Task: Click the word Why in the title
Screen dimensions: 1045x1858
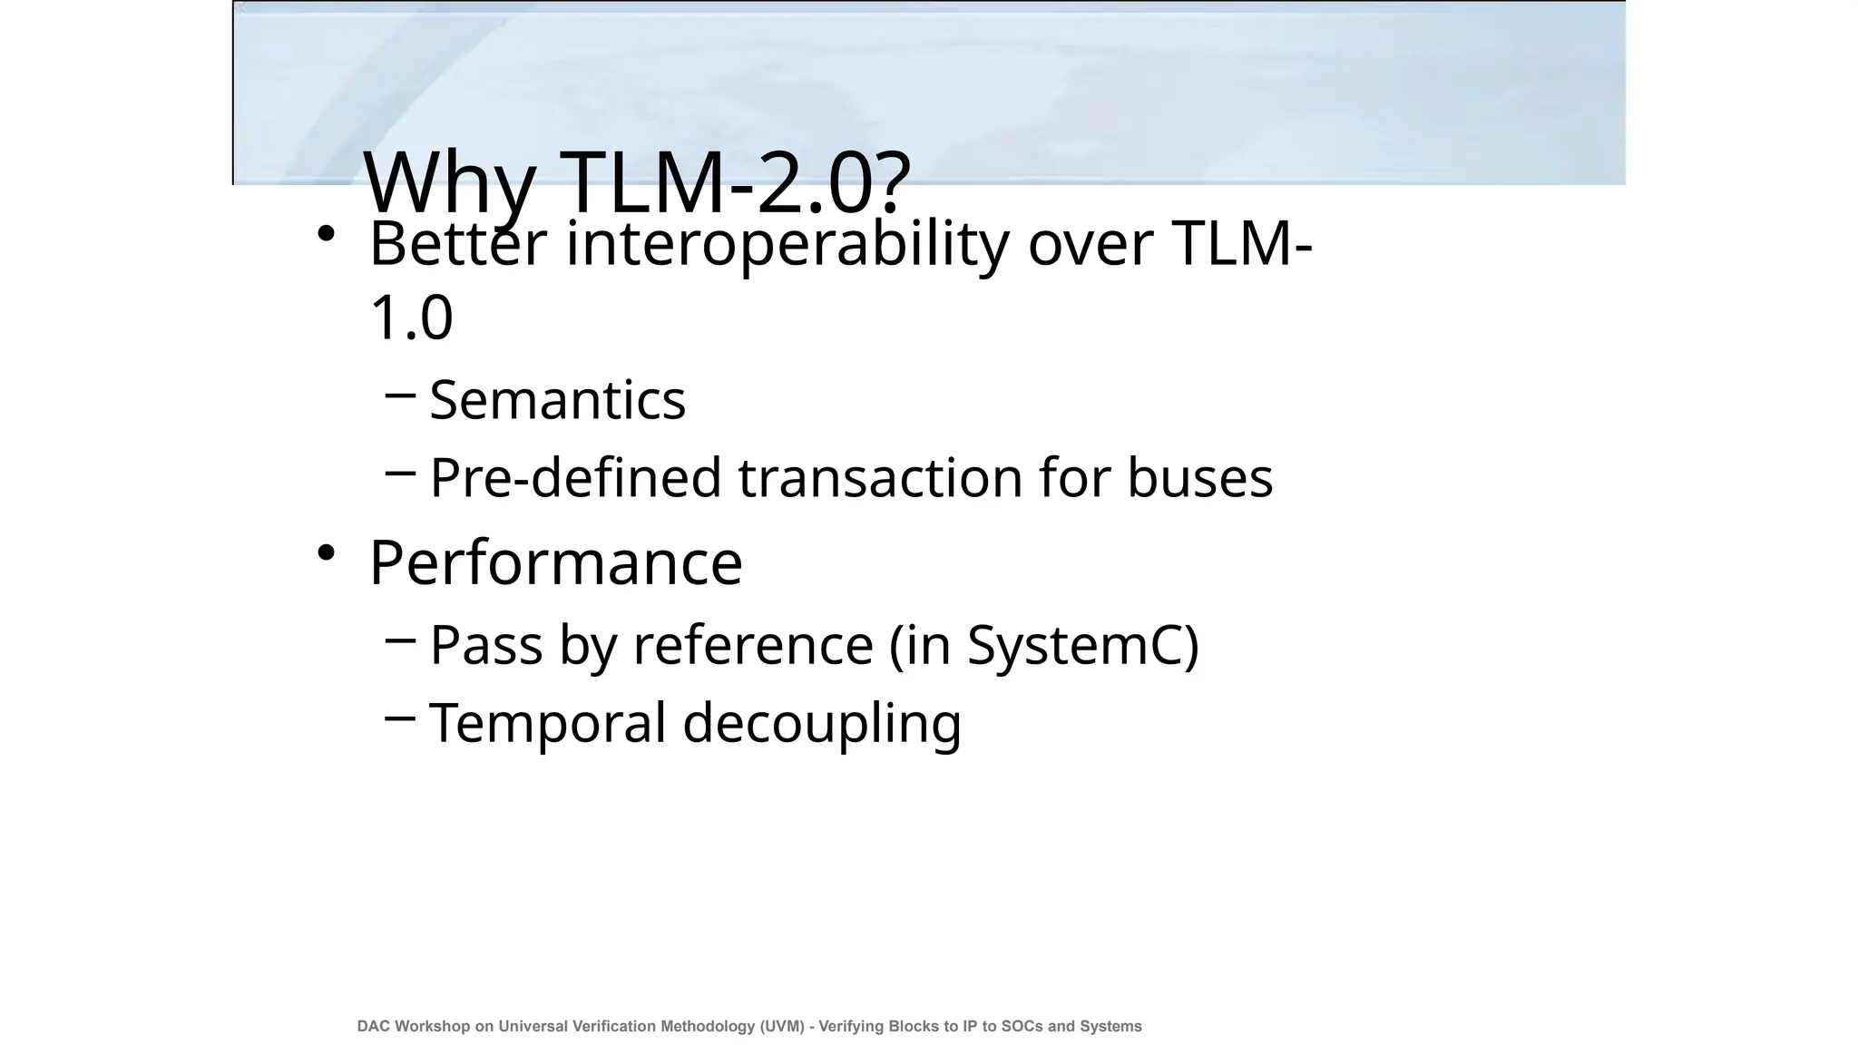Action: (449, 183)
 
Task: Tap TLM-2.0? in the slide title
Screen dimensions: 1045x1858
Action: (735, 183)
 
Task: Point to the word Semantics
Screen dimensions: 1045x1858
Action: (557, 399)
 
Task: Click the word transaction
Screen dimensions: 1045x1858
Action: (880, 477)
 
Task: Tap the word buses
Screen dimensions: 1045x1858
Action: (1199, 477)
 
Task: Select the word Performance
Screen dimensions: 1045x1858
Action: (555, 562)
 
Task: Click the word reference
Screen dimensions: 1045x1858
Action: (753, 645)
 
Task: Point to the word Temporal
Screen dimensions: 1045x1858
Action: (548, 723)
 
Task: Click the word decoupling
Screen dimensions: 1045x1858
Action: (821, 723)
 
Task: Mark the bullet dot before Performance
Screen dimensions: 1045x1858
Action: (327, 552)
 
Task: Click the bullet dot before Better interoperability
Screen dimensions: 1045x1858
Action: (327, 234)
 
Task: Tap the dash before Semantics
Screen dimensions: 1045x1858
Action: (400, 395)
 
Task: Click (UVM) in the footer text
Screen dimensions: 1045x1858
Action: (782, 1026)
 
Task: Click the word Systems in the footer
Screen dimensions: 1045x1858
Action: (1110, 1026)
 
